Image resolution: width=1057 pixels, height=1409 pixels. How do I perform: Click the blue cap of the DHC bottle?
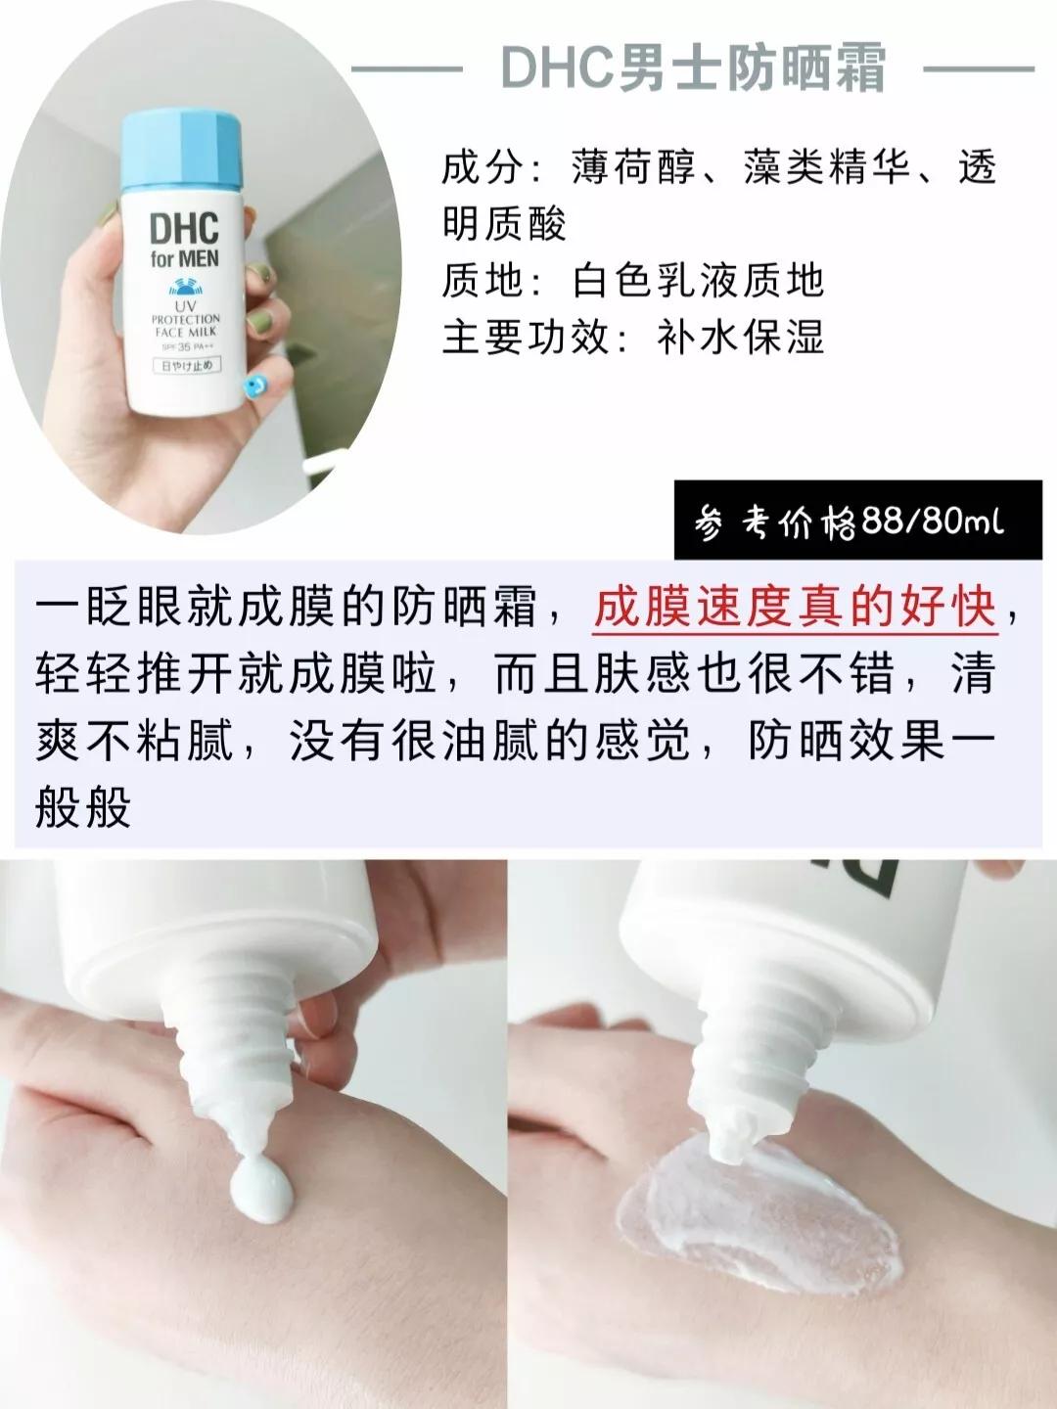tap(181, 149)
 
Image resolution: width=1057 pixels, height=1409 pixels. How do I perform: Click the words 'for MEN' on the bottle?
tap(184, 260)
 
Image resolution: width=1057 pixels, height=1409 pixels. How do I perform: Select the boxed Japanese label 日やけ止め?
tap(185, 366)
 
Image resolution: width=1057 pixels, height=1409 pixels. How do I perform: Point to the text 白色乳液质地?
tap(699, 281)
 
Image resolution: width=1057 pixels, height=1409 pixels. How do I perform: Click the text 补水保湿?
tap(741, 337)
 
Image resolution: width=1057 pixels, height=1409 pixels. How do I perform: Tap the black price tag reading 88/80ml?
tap(857, 521)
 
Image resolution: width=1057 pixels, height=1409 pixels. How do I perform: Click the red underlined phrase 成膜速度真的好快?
tap(795, 609)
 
